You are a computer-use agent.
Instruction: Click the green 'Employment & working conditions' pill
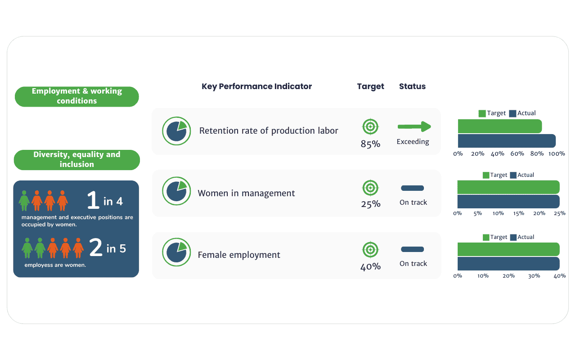(x=77, y=96)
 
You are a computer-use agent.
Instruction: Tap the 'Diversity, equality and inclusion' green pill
(x=77, y=160)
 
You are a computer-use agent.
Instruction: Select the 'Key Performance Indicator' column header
(x=256, y=86)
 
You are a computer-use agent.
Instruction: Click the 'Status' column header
(x=412, y=86)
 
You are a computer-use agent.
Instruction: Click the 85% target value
(x=370, y=144)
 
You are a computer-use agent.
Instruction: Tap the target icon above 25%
(x=370, y=188)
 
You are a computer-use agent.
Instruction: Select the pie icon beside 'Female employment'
(x=176, y=252)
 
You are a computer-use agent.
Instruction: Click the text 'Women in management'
(x=247, y=193)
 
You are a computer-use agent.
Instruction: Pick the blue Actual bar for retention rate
(x=507, y=141)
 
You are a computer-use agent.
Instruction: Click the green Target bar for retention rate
(x=499, y=126)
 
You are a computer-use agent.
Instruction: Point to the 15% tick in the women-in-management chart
(x=518, y=213)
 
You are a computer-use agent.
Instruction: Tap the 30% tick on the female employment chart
(x=534, y=276)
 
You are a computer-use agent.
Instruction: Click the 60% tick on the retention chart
(x=517, y=154)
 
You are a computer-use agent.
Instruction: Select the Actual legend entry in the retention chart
(x=522, y=113)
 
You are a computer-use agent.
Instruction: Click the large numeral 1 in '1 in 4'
(x=93, y=200)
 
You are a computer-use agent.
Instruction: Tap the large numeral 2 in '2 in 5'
(x=96, y=248)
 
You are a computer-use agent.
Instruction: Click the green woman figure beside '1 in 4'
(x=24, y=200)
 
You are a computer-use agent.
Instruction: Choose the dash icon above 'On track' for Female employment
(x=412, y=249)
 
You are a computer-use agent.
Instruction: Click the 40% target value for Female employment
(x=370, y=267)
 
